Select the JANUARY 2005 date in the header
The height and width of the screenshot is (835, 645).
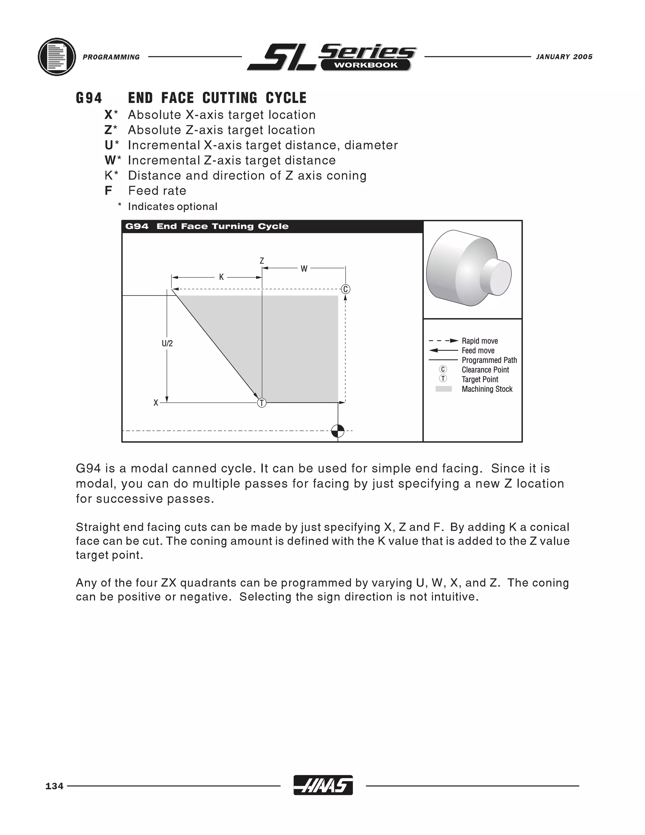pos(564,57)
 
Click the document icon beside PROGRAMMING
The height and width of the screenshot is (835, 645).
pos(57,57)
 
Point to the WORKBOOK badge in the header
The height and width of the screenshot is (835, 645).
pos(366,65)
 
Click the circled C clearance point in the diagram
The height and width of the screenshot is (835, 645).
pos(345,289)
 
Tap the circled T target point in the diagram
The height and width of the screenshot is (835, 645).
pos(262,403)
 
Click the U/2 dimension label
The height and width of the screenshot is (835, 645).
pos(167,343)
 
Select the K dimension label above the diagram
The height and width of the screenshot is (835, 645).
pos(221,277)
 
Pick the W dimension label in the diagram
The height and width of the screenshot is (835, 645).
pos(304,269)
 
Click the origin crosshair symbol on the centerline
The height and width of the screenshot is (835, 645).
pos(338,431)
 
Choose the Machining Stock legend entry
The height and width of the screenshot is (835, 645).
pos(487,389)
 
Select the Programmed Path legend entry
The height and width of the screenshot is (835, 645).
pos(489,360)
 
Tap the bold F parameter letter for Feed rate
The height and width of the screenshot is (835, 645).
pos(108,190)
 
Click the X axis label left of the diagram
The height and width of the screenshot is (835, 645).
pos(156,403)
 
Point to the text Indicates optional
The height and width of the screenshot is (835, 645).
pos(172,206)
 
